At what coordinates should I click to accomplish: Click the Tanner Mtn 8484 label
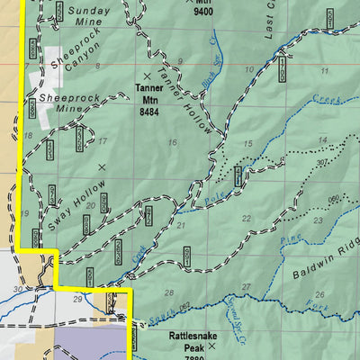click(148, 101)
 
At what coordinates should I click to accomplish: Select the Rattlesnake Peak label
click(187, 340)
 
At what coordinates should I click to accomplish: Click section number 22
click(246, 219)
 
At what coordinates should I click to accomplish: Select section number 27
click(246, 286)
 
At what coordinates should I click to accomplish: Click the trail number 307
click(320, 162)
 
